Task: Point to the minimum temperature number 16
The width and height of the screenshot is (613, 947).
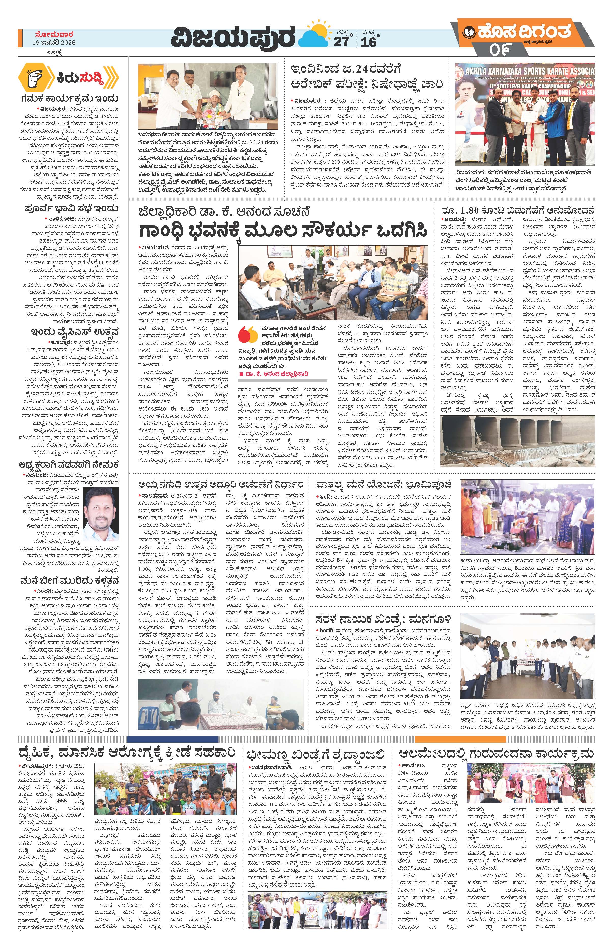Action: pos(368,42)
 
